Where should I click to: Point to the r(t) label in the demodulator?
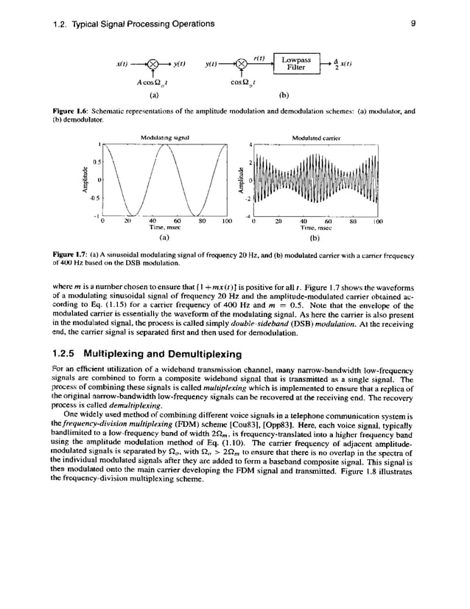259,57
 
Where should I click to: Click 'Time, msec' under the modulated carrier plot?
315,228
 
